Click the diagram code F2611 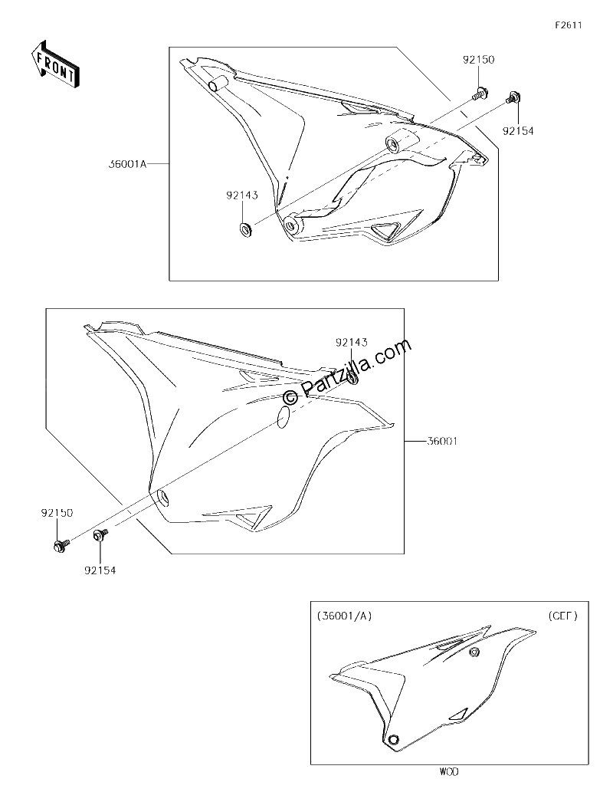coord(569,25)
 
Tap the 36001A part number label coord(127,163)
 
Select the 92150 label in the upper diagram coord(478,60)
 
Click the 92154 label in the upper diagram coord(517,131)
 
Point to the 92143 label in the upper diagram coord(242,196)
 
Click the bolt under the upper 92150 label coord(477,94)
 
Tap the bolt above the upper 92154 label coord(513,97)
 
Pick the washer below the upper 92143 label coord(246,230)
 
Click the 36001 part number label coord(442,441)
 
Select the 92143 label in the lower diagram coord(351,343)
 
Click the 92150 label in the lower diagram coord(57,513)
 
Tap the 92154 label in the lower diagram coord(100,570)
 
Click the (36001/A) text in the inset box coord(344,616)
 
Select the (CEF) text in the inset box coord(562,616)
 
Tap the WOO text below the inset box coord(449,772)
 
